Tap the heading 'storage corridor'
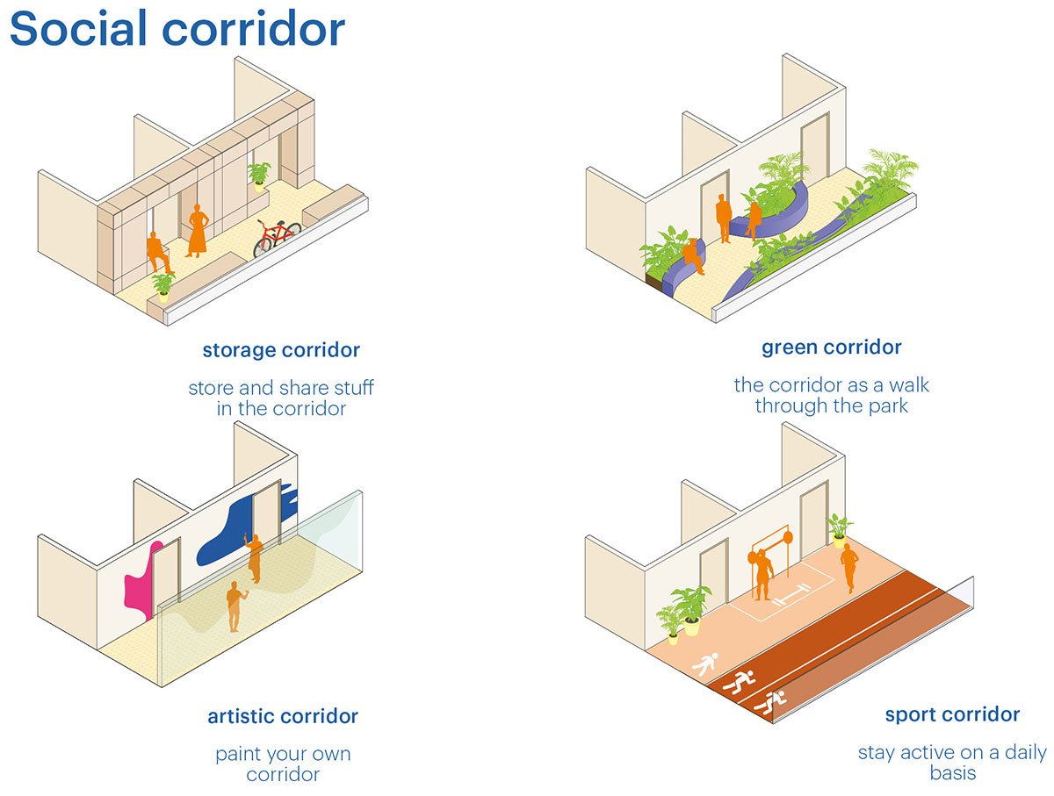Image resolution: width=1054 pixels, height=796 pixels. [281, 350]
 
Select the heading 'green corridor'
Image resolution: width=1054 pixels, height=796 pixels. [831, 348]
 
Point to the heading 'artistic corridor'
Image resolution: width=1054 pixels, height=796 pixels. [282, 716]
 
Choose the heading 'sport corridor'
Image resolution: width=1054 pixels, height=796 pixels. [952, 714]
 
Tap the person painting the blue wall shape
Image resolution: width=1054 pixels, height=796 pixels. [254, 558]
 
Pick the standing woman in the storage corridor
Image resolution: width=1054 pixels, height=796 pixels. [198, 231]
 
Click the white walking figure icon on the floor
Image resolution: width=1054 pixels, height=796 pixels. [705, 664]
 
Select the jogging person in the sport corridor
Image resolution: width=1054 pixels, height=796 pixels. [848, 568]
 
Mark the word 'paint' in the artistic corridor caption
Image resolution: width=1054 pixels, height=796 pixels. [237, 754]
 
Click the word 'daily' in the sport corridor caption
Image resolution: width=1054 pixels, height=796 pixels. [1025, 753]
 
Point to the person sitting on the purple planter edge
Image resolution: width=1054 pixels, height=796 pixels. [693, 255]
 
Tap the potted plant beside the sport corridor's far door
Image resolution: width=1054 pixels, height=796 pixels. [839, 530]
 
